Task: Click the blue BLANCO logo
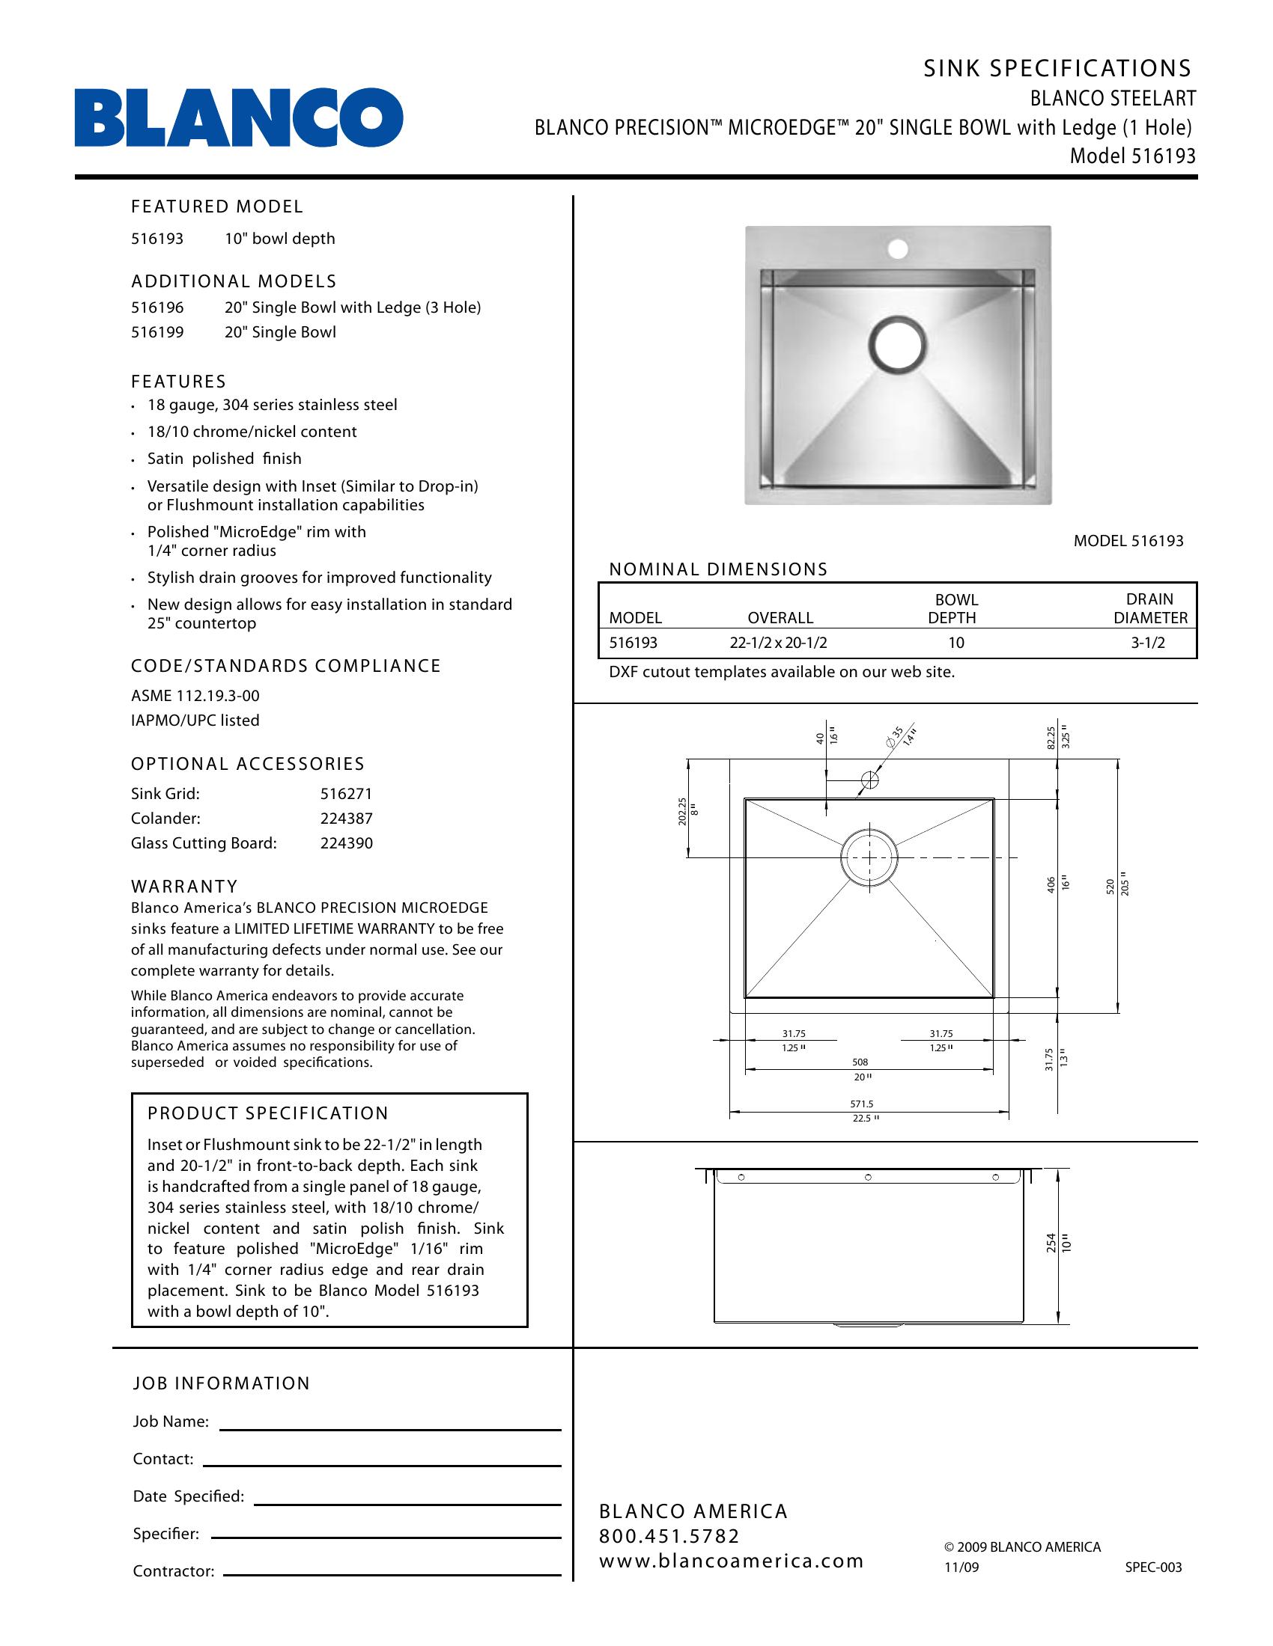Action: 238,117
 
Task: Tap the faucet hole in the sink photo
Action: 897,248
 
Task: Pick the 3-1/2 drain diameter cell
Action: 1148,643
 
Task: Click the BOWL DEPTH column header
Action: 955,608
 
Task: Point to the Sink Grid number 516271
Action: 346,794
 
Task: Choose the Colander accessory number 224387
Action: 346,819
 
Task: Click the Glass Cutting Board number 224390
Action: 346,843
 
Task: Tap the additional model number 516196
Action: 157,308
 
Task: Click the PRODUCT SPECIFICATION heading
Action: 268,1113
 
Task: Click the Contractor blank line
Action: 392,1574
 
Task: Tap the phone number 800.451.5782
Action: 669,1536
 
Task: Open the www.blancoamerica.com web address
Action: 731,1561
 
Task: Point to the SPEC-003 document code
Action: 1153,1567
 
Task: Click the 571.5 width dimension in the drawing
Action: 861,1104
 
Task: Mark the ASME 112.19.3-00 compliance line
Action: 195,696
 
